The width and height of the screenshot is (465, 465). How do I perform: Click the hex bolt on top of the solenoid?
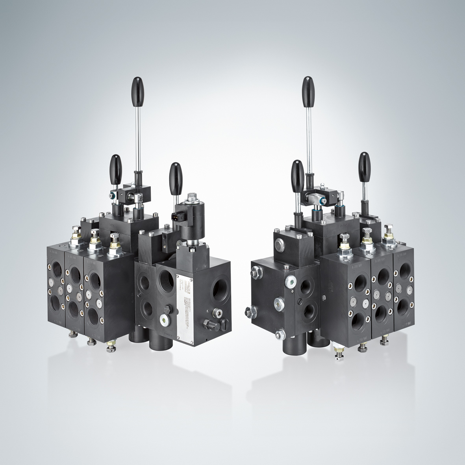click(193, 196)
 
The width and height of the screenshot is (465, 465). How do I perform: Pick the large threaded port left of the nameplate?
click(165, 281)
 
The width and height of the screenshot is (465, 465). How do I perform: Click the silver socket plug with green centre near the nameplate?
click(163, 319)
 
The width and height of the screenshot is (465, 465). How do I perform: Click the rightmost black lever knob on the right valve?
click(363, 163)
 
